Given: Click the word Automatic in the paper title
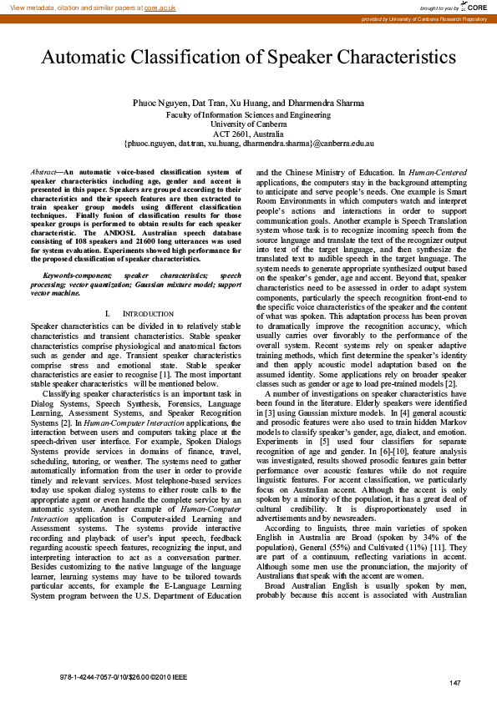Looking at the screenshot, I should point(90,58).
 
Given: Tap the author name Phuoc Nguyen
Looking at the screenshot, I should point(160,102).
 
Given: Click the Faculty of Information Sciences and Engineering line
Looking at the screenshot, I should point(248,113).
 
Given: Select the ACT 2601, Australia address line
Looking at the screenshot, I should point(248,134).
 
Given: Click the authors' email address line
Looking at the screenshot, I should point(248,144).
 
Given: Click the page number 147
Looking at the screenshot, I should point(455,684).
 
